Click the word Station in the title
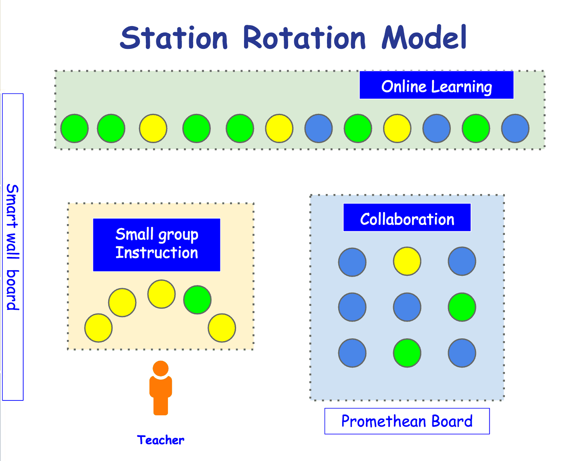pos(174,38)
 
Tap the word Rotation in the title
pos(304,38)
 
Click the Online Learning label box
pos(436,85)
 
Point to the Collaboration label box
pos(407,217)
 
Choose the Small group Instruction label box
pos(157,245)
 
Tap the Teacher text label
pos(161,440)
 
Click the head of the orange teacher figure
pos(160,368)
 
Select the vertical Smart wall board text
pos(12,247)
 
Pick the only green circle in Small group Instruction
pos(198,300)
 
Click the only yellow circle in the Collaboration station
pos(407,261)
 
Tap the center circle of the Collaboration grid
pos(407,307)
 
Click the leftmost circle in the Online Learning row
pos(75,128)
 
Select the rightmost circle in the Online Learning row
pos(515,128)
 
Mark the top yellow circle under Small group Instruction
pos(161,294)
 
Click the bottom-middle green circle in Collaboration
pos(407,353)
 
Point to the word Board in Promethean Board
pos(452,421)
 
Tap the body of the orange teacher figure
pos(161,396)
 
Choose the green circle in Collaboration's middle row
pos(462,307)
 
